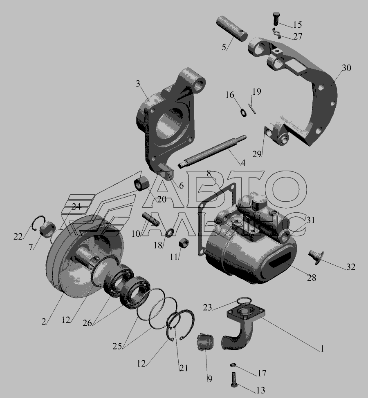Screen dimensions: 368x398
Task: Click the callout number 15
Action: (x=297, y=24)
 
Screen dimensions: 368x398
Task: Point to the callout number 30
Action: (x=346, y=68)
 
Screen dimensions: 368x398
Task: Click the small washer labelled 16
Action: (x=243, y=112)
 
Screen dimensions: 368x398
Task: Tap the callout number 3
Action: (x=138, y=84)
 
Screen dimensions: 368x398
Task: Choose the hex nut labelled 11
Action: (x=184, y=244)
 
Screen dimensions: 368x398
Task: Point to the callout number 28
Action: (x=312, y=278)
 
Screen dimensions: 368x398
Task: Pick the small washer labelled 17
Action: (x=233, y=365)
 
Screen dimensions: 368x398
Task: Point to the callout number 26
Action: (x=87, y=323)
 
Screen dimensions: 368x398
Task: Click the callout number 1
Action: (x=322, y=349)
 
